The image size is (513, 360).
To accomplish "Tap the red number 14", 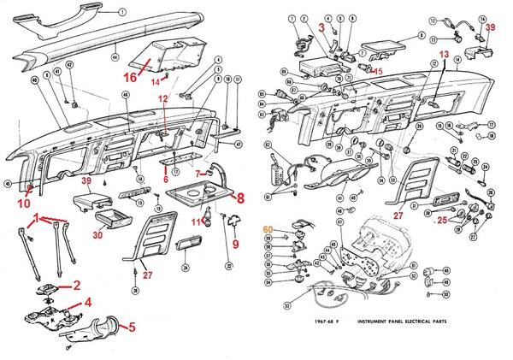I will click(155, 82).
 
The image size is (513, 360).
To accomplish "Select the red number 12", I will click(163, 101).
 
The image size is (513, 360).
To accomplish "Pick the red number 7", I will click(196, 174).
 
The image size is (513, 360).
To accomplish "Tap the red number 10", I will click(23, 202).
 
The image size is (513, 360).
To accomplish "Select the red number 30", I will click(98, 234).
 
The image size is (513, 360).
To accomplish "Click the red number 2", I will click(76, 285).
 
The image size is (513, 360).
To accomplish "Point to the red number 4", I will click(88, 301).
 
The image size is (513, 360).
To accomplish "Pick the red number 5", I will click(132, 326).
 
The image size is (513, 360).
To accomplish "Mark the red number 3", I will click(321, 27).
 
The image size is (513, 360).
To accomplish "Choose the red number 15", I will click(377, 71).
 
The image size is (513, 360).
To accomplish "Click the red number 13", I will click(444, 54).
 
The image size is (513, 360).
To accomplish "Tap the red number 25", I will click(442, 221).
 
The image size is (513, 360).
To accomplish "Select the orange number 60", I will click(268, 229).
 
